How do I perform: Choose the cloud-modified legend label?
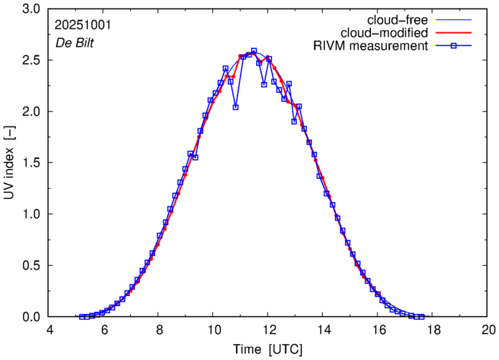390,33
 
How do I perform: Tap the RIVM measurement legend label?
372,47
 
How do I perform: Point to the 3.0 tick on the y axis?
31,9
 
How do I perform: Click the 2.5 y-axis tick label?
31,60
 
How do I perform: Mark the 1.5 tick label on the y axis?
31,163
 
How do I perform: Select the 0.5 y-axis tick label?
31,266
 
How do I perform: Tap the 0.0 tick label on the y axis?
31,317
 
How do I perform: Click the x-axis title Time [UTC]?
268,349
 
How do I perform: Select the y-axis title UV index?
9,163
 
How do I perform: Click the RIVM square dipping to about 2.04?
236,107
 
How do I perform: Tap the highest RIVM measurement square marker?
254,51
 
